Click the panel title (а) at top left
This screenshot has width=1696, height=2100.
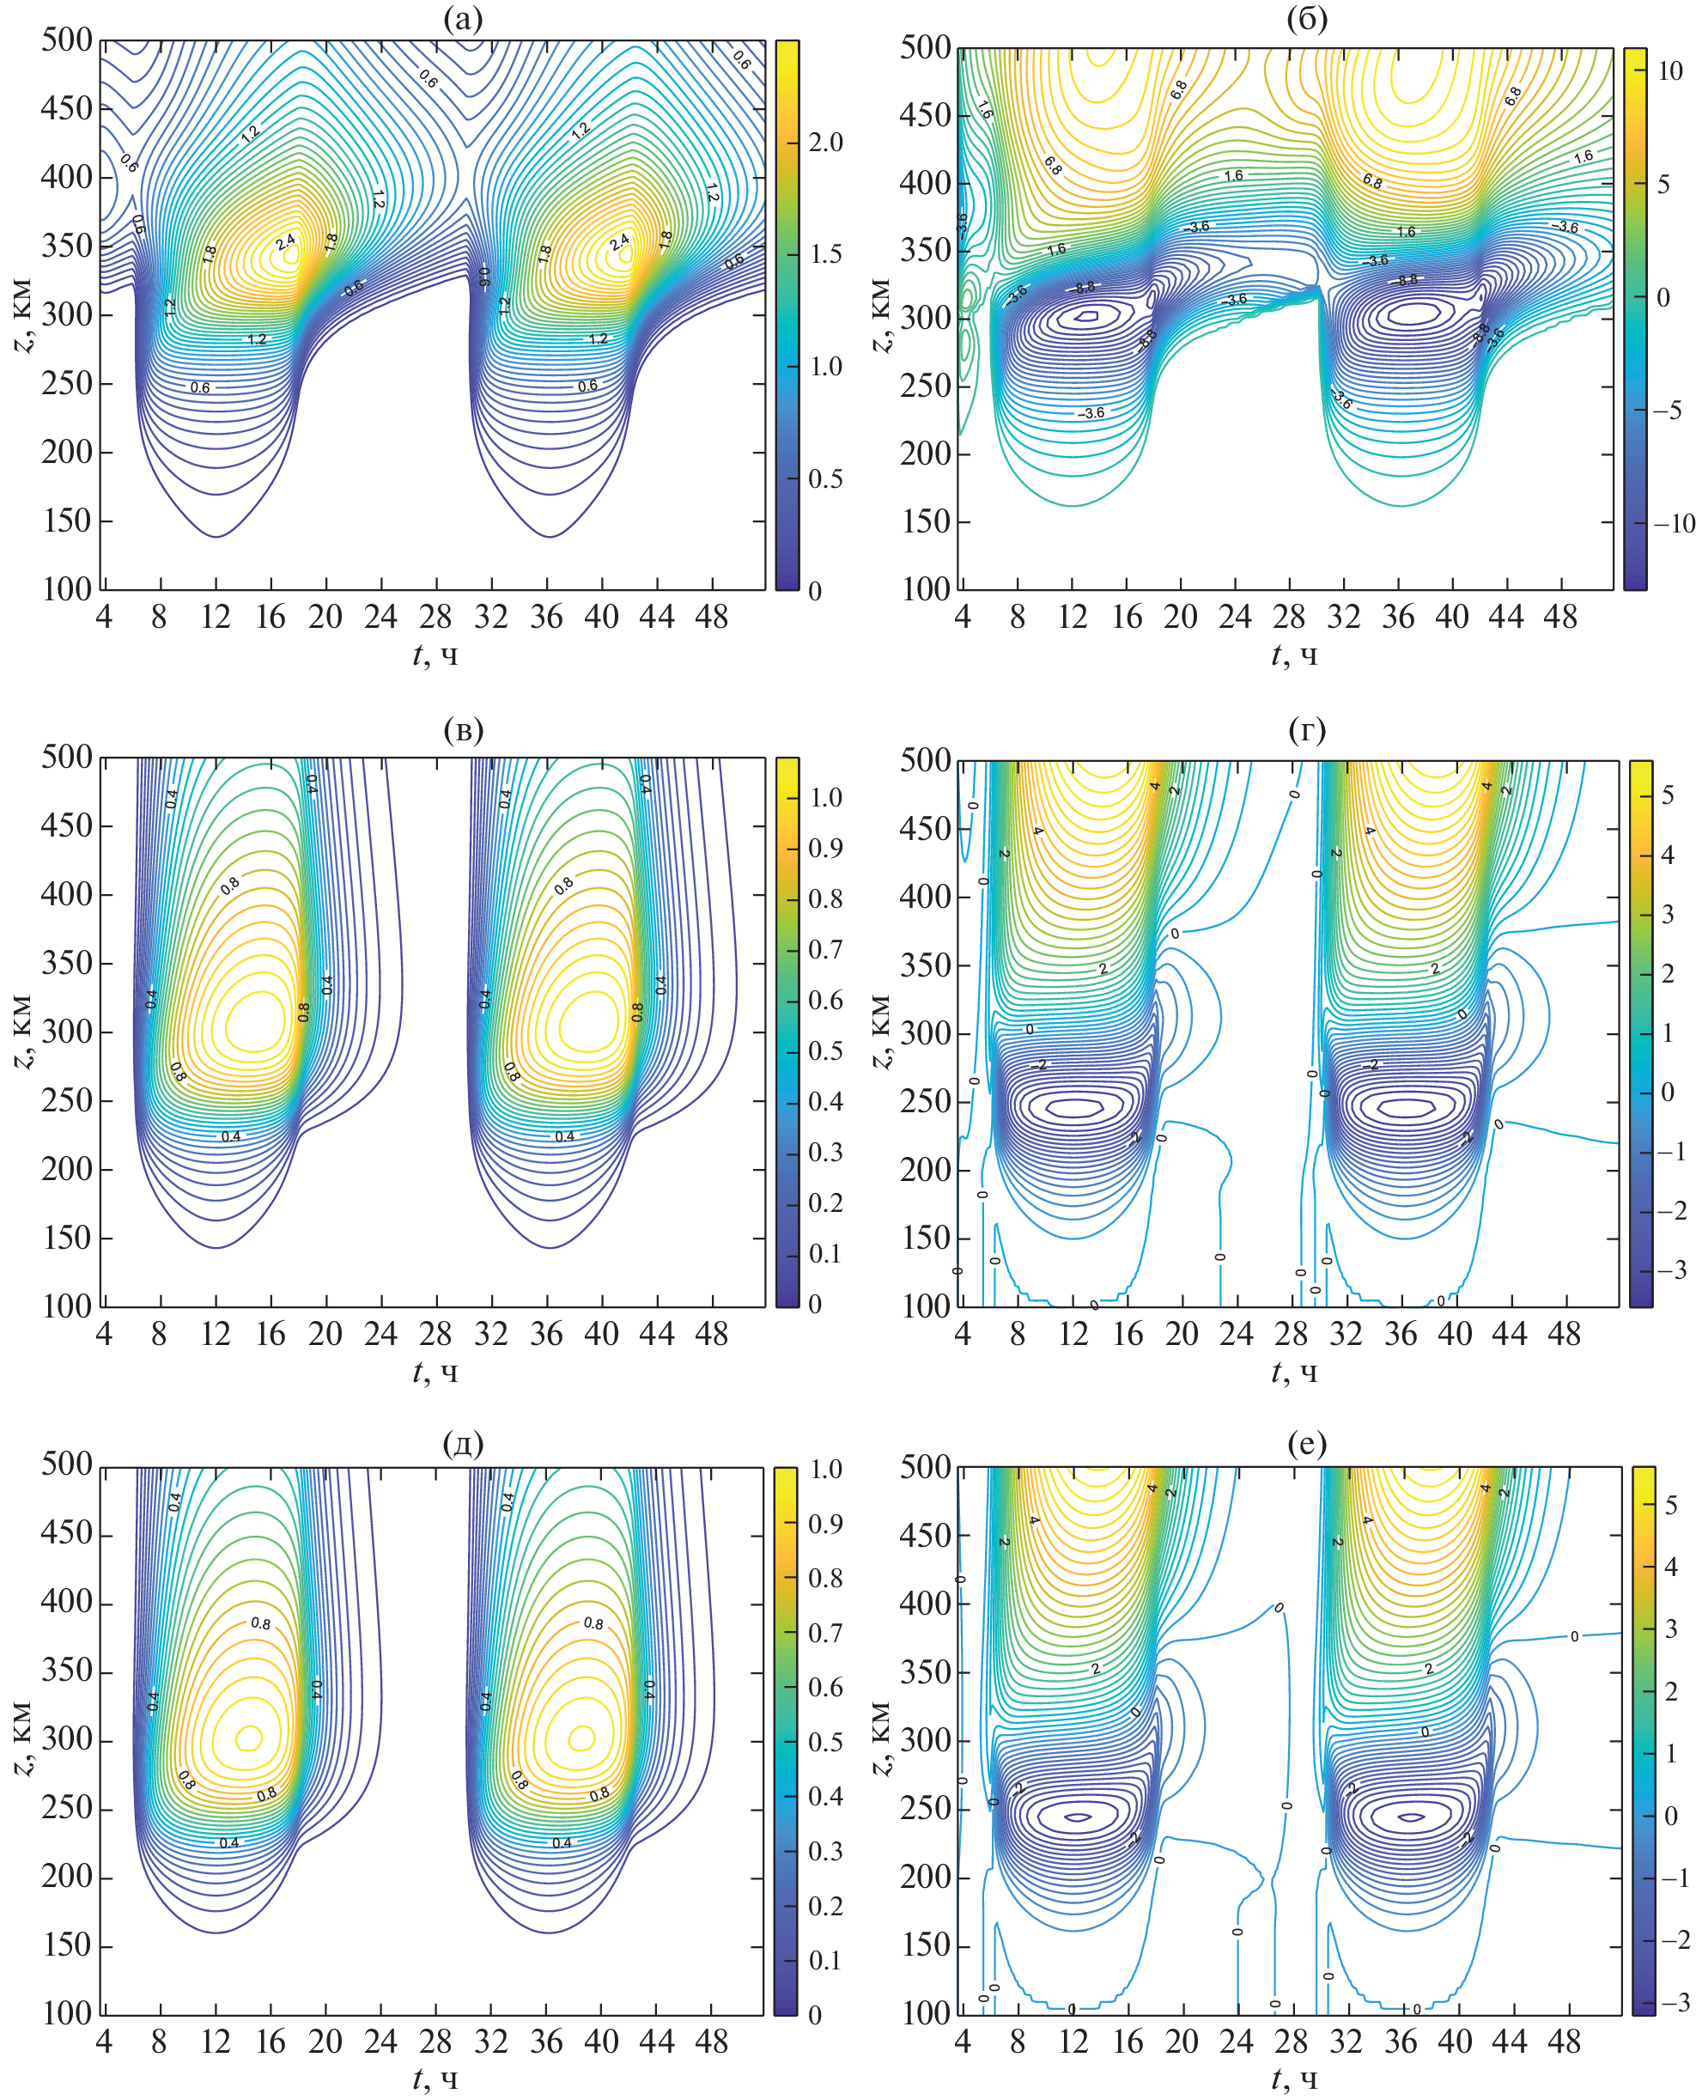[x=462, y=19]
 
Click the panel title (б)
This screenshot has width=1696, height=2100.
[x=1307, y=19]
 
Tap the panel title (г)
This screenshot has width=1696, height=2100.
[x=1307, y=730]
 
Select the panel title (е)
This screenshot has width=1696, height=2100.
[x=1307, y=1441]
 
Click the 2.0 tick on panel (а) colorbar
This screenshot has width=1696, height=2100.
[x=825, y=143]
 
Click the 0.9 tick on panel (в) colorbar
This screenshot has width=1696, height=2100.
[x=825, y=849]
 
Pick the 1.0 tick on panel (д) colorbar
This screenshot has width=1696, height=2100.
[x=825, y=1469]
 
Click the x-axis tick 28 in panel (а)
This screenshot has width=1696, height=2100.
[x=435, y=617]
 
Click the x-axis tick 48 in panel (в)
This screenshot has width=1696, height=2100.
[x=712, y=1333]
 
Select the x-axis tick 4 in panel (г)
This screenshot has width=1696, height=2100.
[x=963, y=1333]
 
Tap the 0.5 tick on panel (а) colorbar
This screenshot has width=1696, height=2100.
[x=825, y=478]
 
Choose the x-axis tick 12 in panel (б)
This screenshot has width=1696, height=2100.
[x=1073, y=617]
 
